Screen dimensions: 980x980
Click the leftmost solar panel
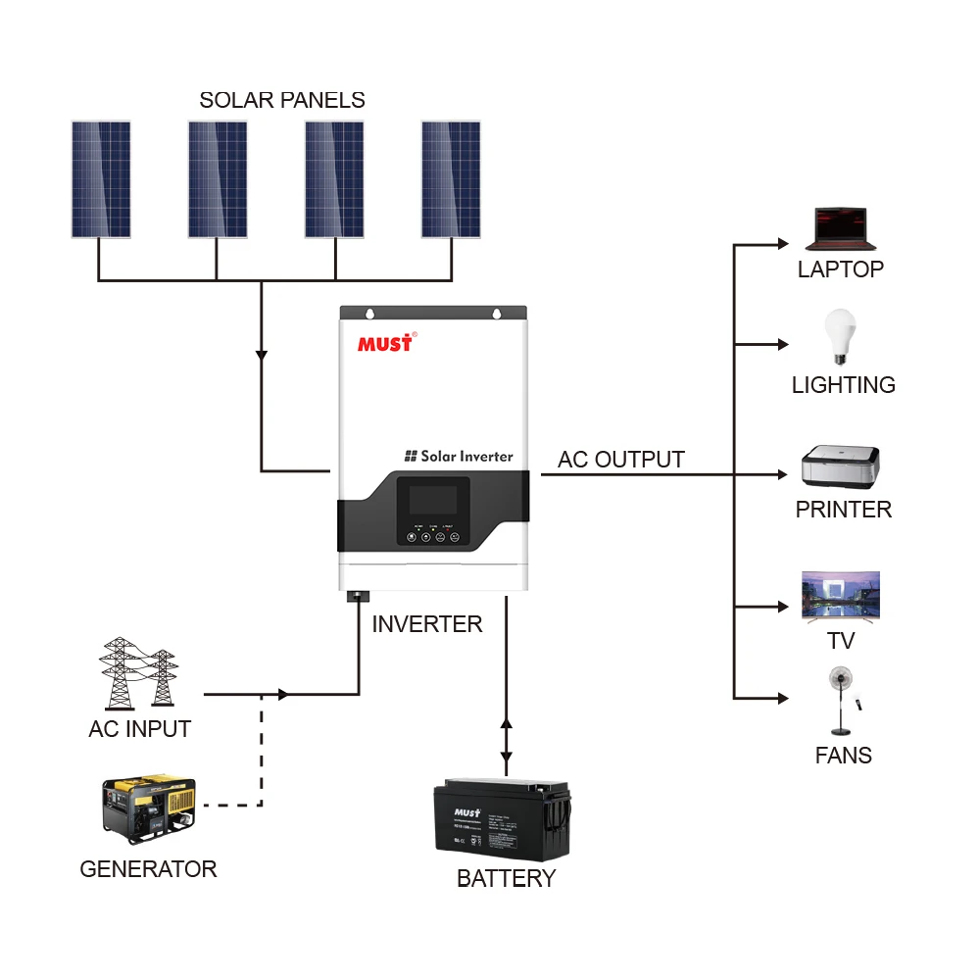point(100,179)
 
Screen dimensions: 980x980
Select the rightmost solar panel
point(451,179)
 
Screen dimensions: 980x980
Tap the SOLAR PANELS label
point(282,100)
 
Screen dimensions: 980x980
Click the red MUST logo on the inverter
point(386,343)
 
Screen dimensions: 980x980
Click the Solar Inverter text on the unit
point(459,456)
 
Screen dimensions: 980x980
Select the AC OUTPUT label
point(621,460)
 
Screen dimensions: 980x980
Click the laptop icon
point(840,231)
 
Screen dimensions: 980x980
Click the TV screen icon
point(841,596)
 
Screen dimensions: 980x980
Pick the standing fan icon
point(841,700)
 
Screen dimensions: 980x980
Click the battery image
point(503,819)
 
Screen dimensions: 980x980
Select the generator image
point(149,810)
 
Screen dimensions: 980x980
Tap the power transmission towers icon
point(138,673)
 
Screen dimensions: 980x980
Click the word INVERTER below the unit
point(427,624)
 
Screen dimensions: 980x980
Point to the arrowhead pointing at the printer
point(782,474)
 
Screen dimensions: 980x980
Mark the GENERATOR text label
point(148,869)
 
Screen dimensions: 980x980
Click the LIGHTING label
point(843,385)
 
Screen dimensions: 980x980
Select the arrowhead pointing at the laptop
point(782,243)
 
